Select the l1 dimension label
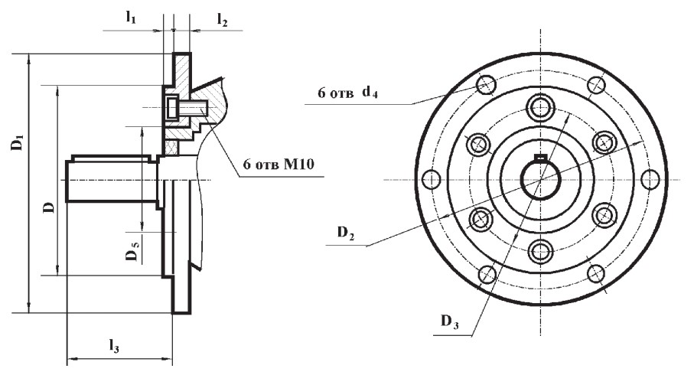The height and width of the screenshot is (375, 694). (x=131, y=18)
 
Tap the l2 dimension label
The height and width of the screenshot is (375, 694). (x=222, y=19)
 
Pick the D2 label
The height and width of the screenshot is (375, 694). (x=346, y=233)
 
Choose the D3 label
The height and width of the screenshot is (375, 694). (x=449, y=321)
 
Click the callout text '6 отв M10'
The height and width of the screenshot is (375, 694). (x=279, y=165)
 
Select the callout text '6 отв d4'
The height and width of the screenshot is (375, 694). (x=347, y=93)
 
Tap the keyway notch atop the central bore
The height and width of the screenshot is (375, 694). (x=540, y=157)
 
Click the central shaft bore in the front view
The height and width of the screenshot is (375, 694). (x=540, y=180)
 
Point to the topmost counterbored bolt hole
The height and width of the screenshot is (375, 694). (x=540, y=106)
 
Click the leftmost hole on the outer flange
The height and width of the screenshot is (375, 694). (x=432, y=179)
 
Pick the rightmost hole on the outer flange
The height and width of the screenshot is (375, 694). (x=650, y=179)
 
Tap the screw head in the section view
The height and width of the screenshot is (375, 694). (x=171, y=108)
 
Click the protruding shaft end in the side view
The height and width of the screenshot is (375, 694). (x=112, y=181)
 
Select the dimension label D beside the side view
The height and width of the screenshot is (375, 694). (x=50, y=207)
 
